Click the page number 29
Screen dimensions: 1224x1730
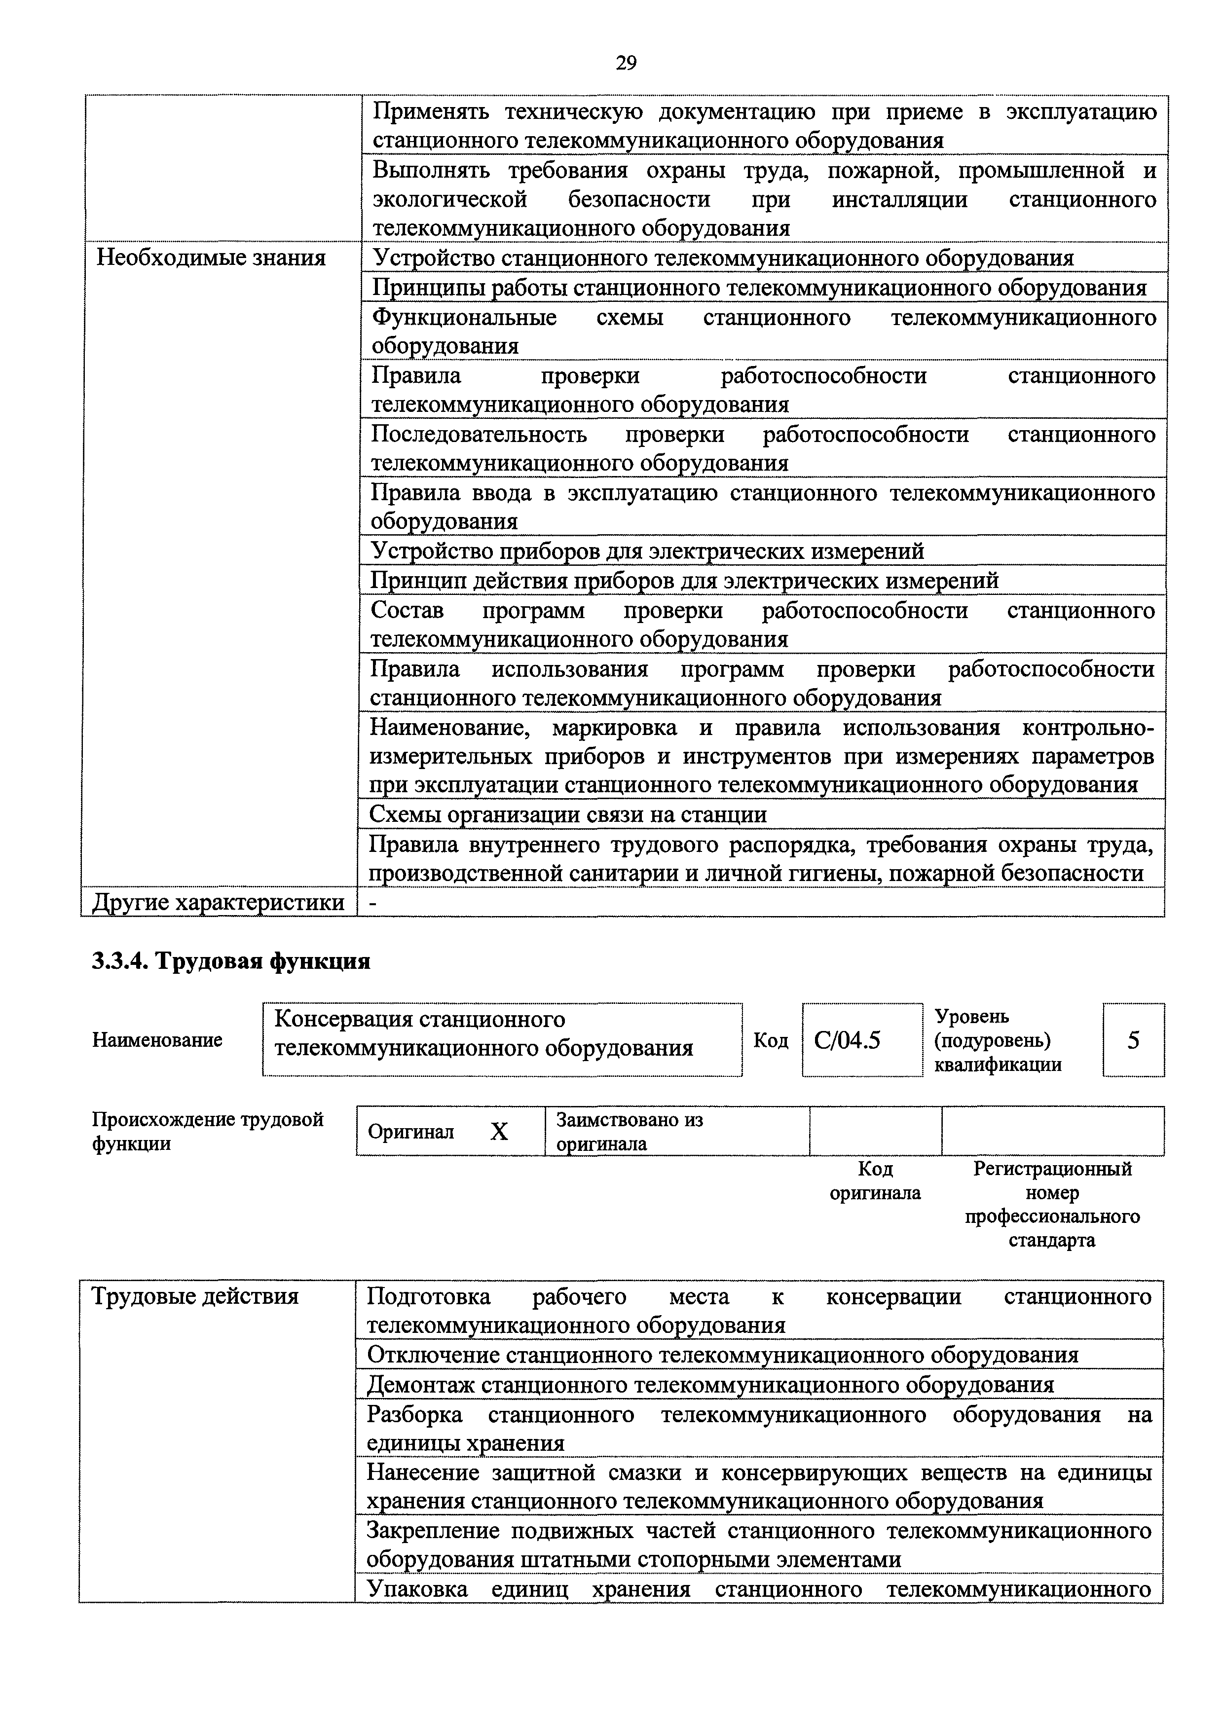pyautogui.click(x=626, y=63)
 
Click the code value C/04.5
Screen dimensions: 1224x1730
pyautogui.click(x=847, y=1040)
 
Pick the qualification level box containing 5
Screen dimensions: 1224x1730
pyautogui.click(x=1133, y=1040)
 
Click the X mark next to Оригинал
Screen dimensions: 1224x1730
pyautogui.click(x=499, y=1132)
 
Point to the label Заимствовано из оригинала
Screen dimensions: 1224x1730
pyautogui.click(x=630, y=1132)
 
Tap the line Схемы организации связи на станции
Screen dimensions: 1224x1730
pyautogui.click(x=568, y=814)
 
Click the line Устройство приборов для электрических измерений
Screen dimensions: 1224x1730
pyautogui.click(x=647, y=552)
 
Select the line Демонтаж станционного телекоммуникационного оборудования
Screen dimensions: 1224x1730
pyautogui.click(x=710, y=1385)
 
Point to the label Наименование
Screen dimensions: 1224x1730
pyautogui.click(x=157, y=1040)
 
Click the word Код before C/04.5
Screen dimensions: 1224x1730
pyautogui.click(x=770, y=1040)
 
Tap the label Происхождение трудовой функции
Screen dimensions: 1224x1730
pyautogui.click(x=207, y=1132)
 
